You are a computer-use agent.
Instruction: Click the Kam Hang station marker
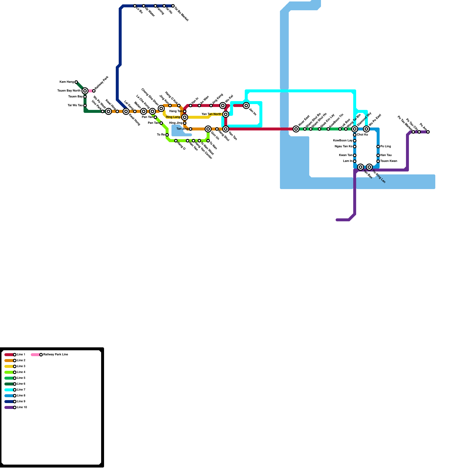[76, 82]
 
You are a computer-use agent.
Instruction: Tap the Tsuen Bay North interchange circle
[85, 91]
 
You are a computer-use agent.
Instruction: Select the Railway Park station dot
[94, 91]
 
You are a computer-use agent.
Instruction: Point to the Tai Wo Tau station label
[75, 106]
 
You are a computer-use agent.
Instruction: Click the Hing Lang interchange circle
[185, 117]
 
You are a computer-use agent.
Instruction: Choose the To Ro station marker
[167, 135]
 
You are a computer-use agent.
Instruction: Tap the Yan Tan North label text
[211, 114]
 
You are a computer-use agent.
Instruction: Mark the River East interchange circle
[296, 129]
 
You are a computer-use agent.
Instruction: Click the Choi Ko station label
[362, 135]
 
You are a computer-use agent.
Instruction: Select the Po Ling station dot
[378, 147]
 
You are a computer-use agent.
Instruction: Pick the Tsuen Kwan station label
[389, 161]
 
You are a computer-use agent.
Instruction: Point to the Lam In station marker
[355, 161]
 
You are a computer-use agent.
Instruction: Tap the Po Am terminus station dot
[428, 132]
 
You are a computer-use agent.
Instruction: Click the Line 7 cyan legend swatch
[9, 390]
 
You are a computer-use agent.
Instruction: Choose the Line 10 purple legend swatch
[9, 407]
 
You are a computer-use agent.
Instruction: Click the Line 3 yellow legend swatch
[9, 366]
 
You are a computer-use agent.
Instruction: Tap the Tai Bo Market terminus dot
[173, 6]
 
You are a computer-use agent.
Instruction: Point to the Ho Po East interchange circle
[366, 129]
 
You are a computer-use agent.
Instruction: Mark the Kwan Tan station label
[346, 155]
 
